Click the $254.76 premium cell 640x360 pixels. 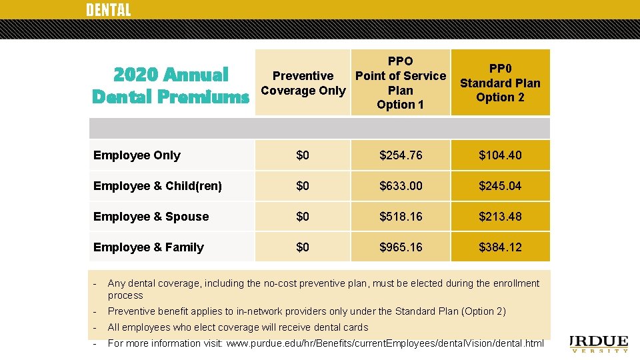(x=401, y=155)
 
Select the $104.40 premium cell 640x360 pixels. (x=500, y=155)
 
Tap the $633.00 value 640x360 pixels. (x=401, y=186)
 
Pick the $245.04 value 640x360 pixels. (x=500, y=186)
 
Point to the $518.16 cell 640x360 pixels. (x=401, y=217)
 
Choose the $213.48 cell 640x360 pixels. (x=500, y=217)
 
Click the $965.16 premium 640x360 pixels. (x=401, y=247)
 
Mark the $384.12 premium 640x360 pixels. (x=500, y=247)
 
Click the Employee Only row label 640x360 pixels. (x=137, y=155)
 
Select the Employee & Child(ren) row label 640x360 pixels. (x=157, y=186)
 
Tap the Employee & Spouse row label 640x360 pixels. (x=151, y=217)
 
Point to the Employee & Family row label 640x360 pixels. (x=148, y=247)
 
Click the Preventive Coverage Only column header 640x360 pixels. (x=303, y=83)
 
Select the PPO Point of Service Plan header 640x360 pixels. (x=401, y=83)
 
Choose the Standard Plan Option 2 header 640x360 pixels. (x=500, y=83)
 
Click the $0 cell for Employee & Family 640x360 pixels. (x=303, y=247)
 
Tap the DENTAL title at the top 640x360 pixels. (x=108, y=10)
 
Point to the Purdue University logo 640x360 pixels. (x=600, y=343)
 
